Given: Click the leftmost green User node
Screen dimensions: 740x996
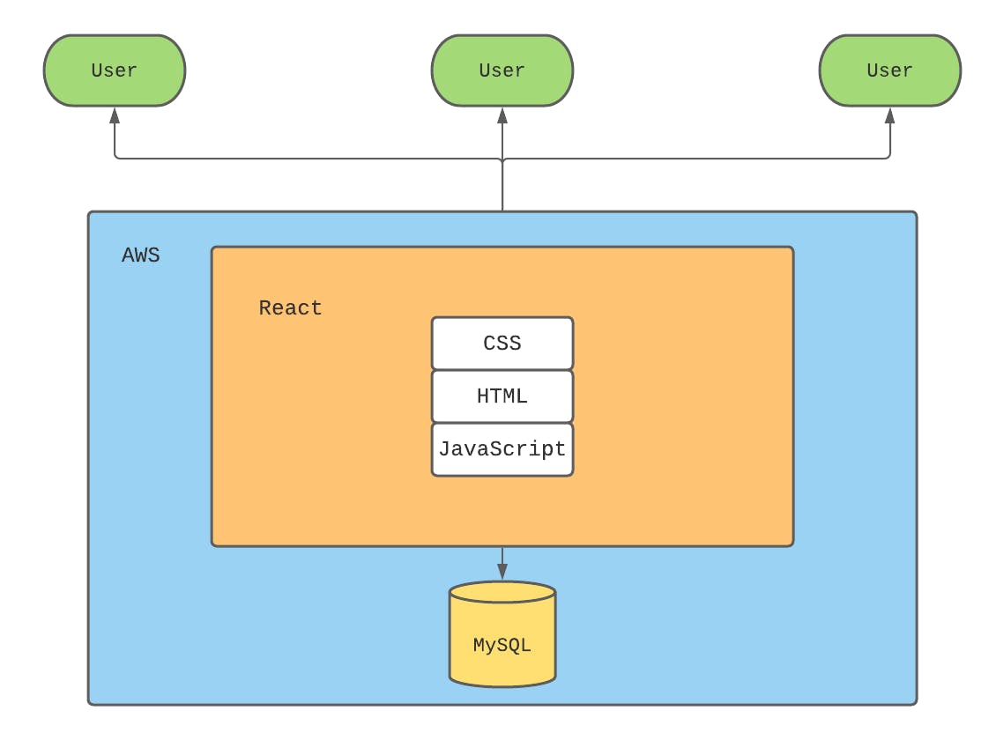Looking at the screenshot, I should pyautogui.click(x=115, y=70).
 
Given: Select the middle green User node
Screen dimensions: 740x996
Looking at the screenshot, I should pyautogui.click(x=502, y=70).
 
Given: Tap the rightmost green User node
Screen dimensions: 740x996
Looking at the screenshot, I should pyautogui.click(x=890, y=70).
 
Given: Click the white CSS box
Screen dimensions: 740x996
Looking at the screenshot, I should pyautogui.click(x=502, y=344).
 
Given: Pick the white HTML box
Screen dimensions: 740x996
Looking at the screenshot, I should pyautogui.click(x=502, y=396).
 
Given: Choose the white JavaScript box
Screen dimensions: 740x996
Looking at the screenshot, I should pyautogui.click(x=502, y=449).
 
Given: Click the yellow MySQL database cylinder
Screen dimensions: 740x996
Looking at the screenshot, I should pyautogui.click(x=502, y=639).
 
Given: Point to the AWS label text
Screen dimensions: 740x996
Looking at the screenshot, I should pyautogui.click(x=141, y=256).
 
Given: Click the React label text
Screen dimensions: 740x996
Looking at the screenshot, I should pyautogui.click(x=290, y=308).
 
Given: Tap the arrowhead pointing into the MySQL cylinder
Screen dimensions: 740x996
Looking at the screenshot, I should pyautogui.click(x=502, y=572).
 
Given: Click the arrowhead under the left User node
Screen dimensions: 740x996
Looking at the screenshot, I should pyautogui.click(x=115, y=115).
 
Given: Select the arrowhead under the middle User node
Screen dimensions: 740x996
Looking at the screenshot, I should pyautogui.click(x=502, y=115).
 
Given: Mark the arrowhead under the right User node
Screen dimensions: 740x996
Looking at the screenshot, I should pyautogui.click(x=890, y=115).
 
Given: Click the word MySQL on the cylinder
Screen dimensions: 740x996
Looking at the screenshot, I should pyautogui.click(x=502, y=646).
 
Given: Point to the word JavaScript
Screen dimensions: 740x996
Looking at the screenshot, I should pyautogui.click(x=502, y=449).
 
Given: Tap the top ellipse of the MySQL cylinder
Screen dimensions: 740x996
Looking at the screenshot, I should pyautogui.click(x=502, y=592).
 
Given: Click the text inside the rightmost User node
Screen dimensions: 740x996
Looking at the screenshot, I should pyautogui.click(x=890, y=70).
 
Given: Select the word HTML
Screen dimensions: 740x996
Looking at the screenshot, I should pyautogui.click(x=502, y=396).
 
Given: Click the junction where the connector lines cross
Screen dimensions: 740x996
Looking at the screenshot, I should pyautogui.click(x=502, y=159).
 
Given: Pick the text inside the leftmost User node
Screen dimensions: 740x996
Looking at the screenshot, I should pyautogui.click(x=115, y=70).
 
